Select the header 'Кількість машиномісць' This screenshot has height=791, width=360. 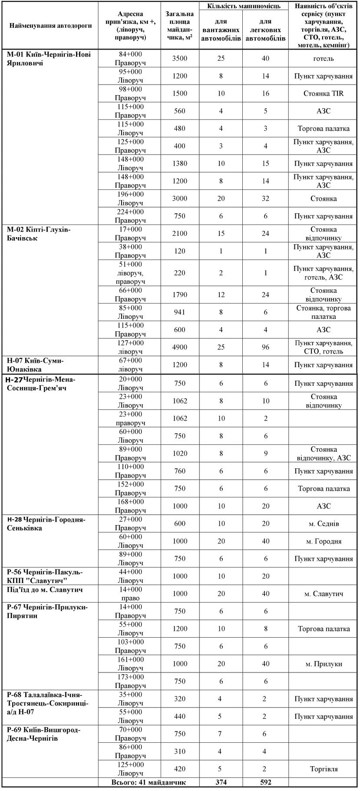coord(243,6)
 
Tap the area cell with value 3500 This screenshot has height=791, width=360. coord(179,59)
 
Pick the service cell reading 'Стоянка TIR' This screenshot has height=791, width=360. coord(323,93)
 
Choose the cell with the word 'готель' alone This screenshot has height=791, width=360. coord(323,59)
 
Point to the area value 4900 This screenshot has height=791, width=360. coord(179,347)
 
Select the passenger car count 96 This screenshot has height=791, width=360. coord(265,347)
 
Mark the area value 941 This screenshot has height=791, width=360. coord(179,312)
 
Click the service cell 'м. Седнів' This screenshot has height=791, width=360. coord(323,523)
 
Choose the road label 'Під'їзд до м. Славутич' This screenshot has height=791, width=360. coord(45,590)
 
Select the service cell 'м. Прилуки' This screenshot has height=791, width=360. coord(323,664)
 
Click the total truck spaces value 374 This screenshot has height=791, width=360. coord(221,782)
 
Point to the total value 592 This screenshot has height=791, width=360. coord(265,782)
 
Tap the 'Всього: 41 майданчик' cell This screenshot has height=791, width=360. coord(149,782)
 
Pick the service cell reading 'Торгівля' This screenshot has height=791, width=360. coord(323,769)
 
